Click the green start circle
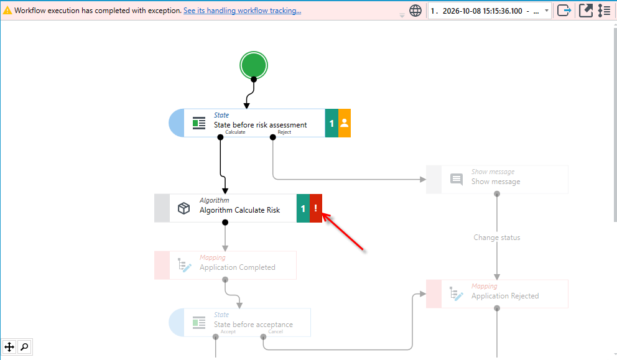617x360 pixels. [x=254, y=65]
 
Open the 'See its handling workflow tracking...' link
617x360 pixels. [x=242, y=11]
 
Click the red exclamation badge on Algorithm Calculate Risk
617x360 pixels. [x=316, y=208]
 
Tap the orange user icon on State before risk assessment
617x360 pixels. [x=345, y=123]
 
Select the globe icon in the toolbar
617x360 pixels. [x=415, y=11]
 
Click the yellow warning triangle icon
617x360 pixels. [x=7, y=11]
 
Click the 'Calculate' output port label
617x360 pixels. [x=235, y=132]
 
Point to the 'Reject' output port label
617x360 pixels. [x=284, y=132]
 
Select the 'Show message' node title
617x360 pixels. [x=496, y=182]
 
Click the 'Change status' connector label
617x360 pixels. [x=497, y=238]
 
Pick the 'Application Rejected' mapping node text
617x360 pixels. [x=505, y=296]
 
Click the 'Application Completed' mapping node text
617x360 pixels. [x=237, y=267]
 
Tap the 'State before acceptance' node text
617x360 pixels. [x=253, y=325]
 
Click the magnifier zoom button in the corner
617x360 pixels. [x=24, y=347]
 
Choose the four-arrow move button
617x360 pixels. [x=9, y=347]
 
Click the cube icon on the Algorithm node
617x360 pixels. [x=183, y=208]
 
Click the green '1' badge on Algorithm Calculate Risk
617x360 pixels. [x=304, y=208]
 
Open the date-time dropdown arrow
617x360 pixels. [x=547, y=11]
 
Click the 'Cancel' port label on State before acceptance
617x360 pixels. [x=276, y=331]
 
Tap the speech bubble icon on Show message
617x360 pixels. [x=457, y=180]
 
